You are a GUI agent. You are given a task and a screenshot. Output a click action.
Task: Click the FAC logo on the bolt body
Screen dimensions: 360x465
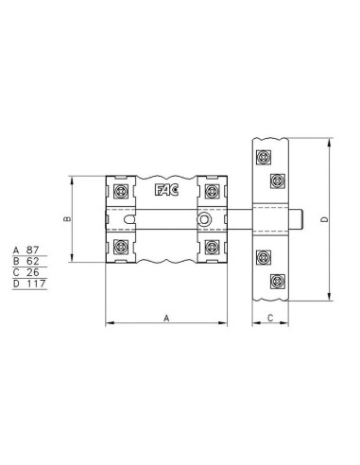(x=166, y=190)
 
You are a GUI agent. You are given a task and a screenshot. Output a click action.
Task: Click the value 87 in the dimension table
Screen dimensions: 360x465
(x=33, y=250)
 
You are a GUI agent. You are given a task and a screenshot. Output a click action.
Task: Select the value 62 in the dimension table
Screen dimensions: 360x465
(x=33, y=261)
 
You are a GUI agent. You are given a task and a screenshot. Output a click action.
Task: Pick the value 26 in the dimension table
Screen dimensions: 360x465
(x=33, y=272)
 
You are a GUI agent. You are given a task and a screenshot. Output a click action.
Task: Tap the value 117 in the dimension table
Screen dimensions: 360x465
(x=36, y=284)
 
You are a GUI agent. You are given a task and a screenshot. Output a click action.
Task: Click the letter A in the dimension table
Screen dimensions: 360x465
(x=16, y=250)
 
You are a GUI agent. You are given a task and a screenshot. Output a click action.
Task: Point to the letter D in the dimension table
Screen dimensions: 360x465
(x=16, y=284)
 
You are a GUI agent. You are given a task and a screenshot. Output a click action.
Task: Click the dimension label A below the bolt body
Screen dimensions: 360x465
(x=166, y=319)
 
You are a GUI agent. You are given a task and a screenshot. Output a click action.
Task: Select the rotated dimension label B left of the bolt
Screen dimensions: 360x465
(x=67, y=219)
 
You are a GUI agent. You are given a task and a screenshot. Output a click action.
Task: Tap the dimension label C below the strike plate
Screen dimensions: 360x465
(x=270, y=319)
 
